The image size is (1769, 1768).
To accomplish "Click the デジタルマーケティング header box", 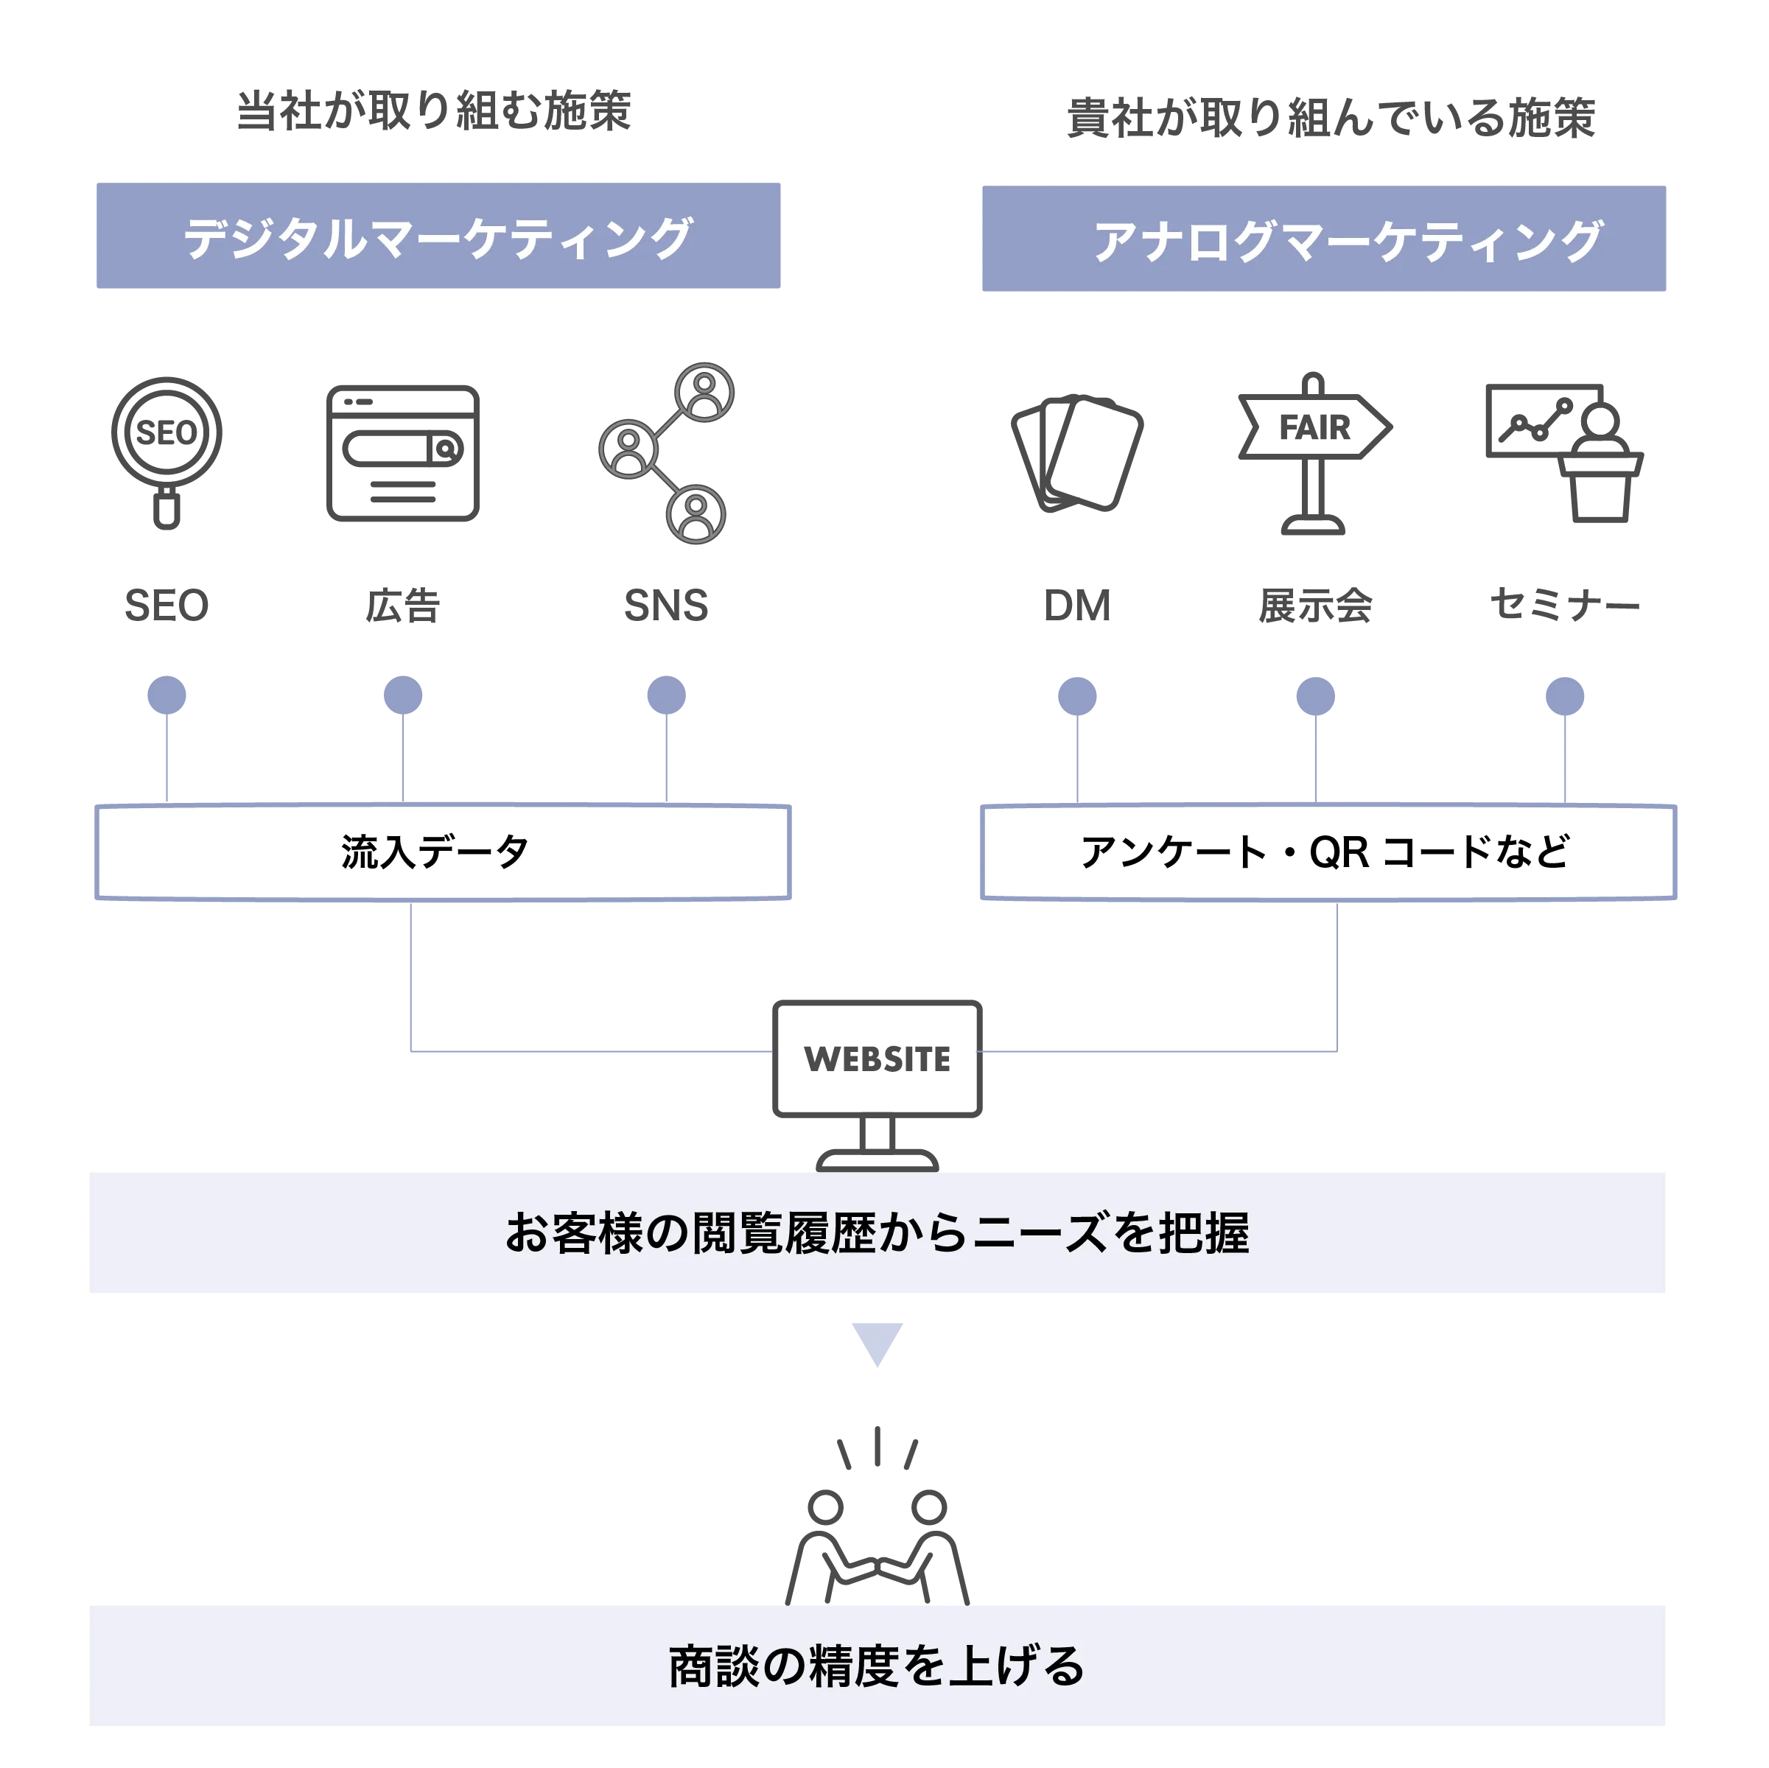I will (x=438, y=236).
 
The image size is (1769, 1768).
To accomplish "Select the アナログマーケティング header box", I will (x=1323, y=239).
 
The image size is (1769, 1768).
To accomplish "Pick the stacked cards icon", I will (x=1078, y=453).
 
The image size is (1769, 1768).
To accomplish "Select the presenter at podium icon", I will (x=1564, y=453).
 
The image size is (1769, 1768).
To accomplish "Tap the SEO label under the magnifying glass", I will (x=167, y=606).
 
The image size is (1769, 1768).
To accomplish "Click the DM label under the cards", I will (x=1078, y=606).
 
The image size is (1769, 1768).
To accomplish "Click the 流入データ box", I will (x=444, y=852).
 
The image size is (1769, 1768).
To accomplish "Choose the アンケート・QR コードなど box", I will (x=1328, y=852).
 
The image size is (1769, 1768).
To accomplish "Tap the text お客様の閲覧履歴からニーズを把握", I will (x=878, y=1232).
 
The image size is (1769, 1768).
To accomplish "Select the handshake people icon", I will (x=878, y=1520).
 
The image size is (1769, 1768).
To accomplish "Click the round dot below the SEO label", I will (x=167, y=695).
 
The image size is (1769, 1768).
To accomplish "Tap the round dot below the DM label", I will (x=1076, y=696).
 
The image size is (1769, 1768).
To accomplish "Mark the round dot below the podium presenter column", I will (x=1565, y=696).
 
